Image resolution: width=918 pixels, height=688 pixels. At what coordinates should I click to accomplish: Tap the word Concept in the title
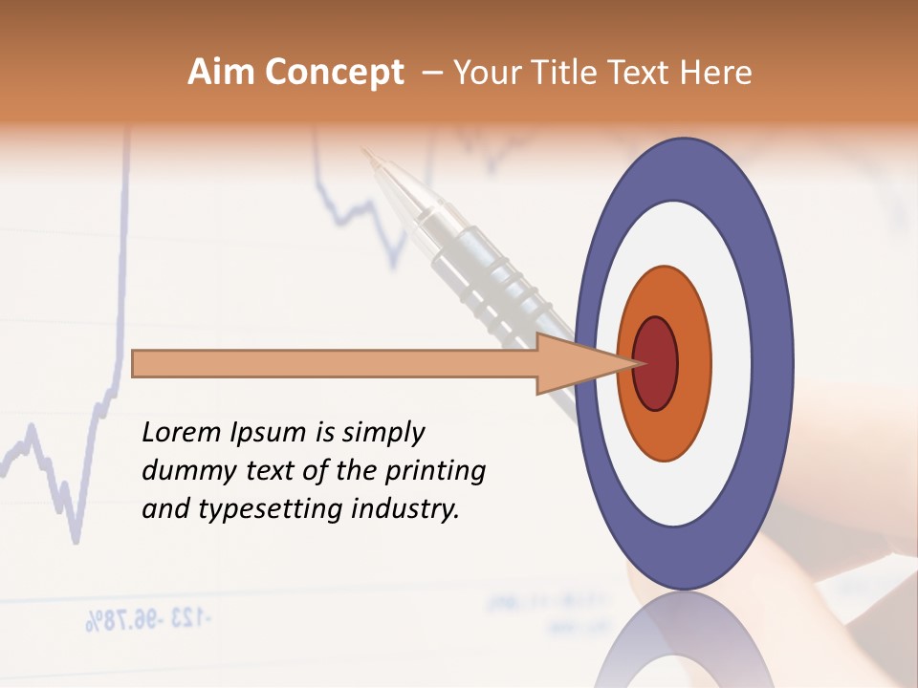333,73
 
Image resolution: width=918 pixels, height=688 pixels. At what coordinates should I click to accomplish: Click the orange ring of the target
693,363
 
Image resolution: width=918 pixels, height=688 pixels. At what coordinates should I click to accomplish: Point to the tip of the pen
364,150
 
